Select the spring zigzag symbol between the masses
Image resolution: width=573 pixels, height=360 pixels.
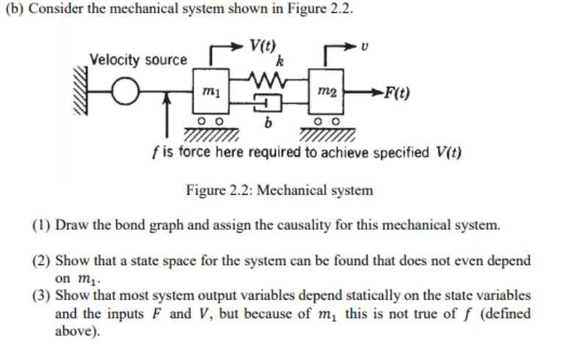click(262, 78)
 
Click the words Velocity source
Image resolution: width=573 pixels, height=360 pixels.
click(138, 60)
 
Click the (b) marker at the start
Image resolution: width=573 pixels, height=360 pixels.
click(14, 10)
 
